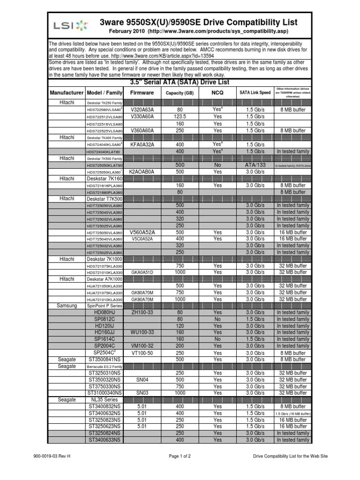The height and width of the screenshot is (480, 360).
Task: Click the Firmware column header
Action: (142, 93)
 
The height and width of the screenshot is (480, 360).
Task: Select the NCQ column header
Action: (217, 93)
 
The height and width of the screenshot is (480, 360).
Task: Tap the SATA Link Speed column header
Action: (255, 93)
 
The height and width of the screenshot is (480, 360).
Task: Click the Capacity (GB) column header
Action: (180, 93)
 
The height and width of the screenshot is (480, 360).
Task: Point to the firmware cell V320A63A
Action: (142, 109)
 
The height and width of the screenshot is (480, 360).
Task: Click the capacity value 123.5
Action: (180, 116)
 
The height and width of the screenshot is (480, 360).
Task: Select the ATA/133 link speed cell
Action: (255, 165)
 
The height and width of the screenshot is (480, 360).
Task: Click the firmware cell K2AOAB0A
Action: (142, 172)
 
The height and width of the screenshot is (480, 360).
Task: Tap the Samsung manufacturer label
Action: (67, 306)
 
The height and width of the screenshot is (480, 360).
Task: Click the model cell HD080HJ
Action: (105, 312)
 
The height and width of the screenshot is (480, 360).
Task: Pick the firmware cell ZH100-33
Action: (142, 312)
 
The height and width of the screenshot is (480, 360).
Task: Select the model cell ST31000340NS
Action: (105, 393)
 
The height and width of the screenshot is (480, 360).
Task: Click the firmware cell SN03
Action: (142, 393)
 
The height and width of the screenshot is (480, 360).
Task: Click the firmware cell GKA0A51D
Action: (142, 272)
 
